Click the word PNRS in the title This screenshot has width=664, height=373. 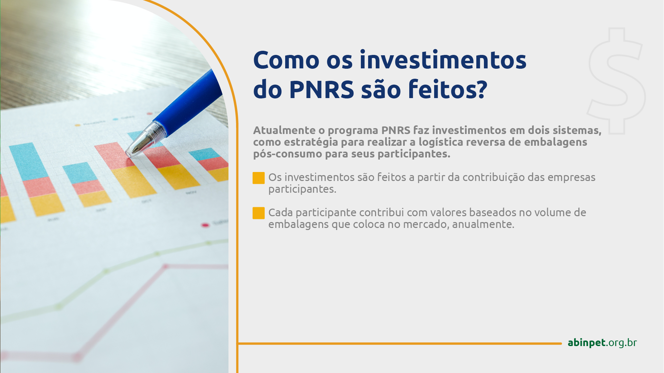[321, 89]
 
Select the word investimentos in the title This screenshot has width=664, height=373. [443, 60]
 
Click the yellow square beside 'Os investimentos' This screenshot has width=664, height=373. [259, 178]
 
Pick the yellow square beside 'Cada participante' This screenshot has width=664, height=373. [259, 213]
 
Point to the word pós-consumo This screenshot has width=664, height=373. [287, 154]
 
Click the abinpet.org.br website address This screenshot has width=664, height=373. [602, 342]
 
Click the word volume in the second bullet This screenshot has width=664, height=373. [553, 212]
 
